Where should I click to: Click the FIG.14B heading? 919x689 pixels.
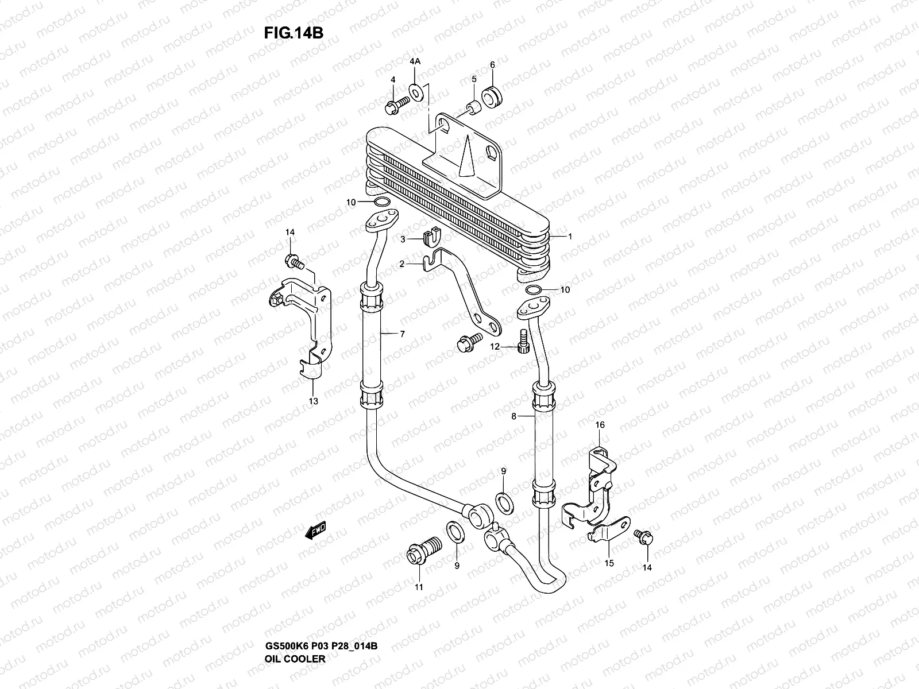point(294,33)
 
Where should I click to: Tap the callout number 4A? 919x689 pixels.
point(415,61)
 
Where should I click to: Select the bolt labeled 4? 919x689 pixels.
point(411,104)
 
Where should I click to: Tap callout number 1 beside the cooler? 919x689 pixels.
point(570,237)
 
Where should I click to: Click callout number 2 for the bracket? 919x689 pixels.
point(403,264)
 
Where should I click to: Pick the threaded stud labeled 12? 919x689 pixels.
point(523,342)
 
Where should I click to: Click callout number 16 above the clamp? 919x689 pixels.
point(600,425)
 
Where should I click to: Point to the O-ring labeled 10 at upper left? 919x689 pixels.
point(381,202)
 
